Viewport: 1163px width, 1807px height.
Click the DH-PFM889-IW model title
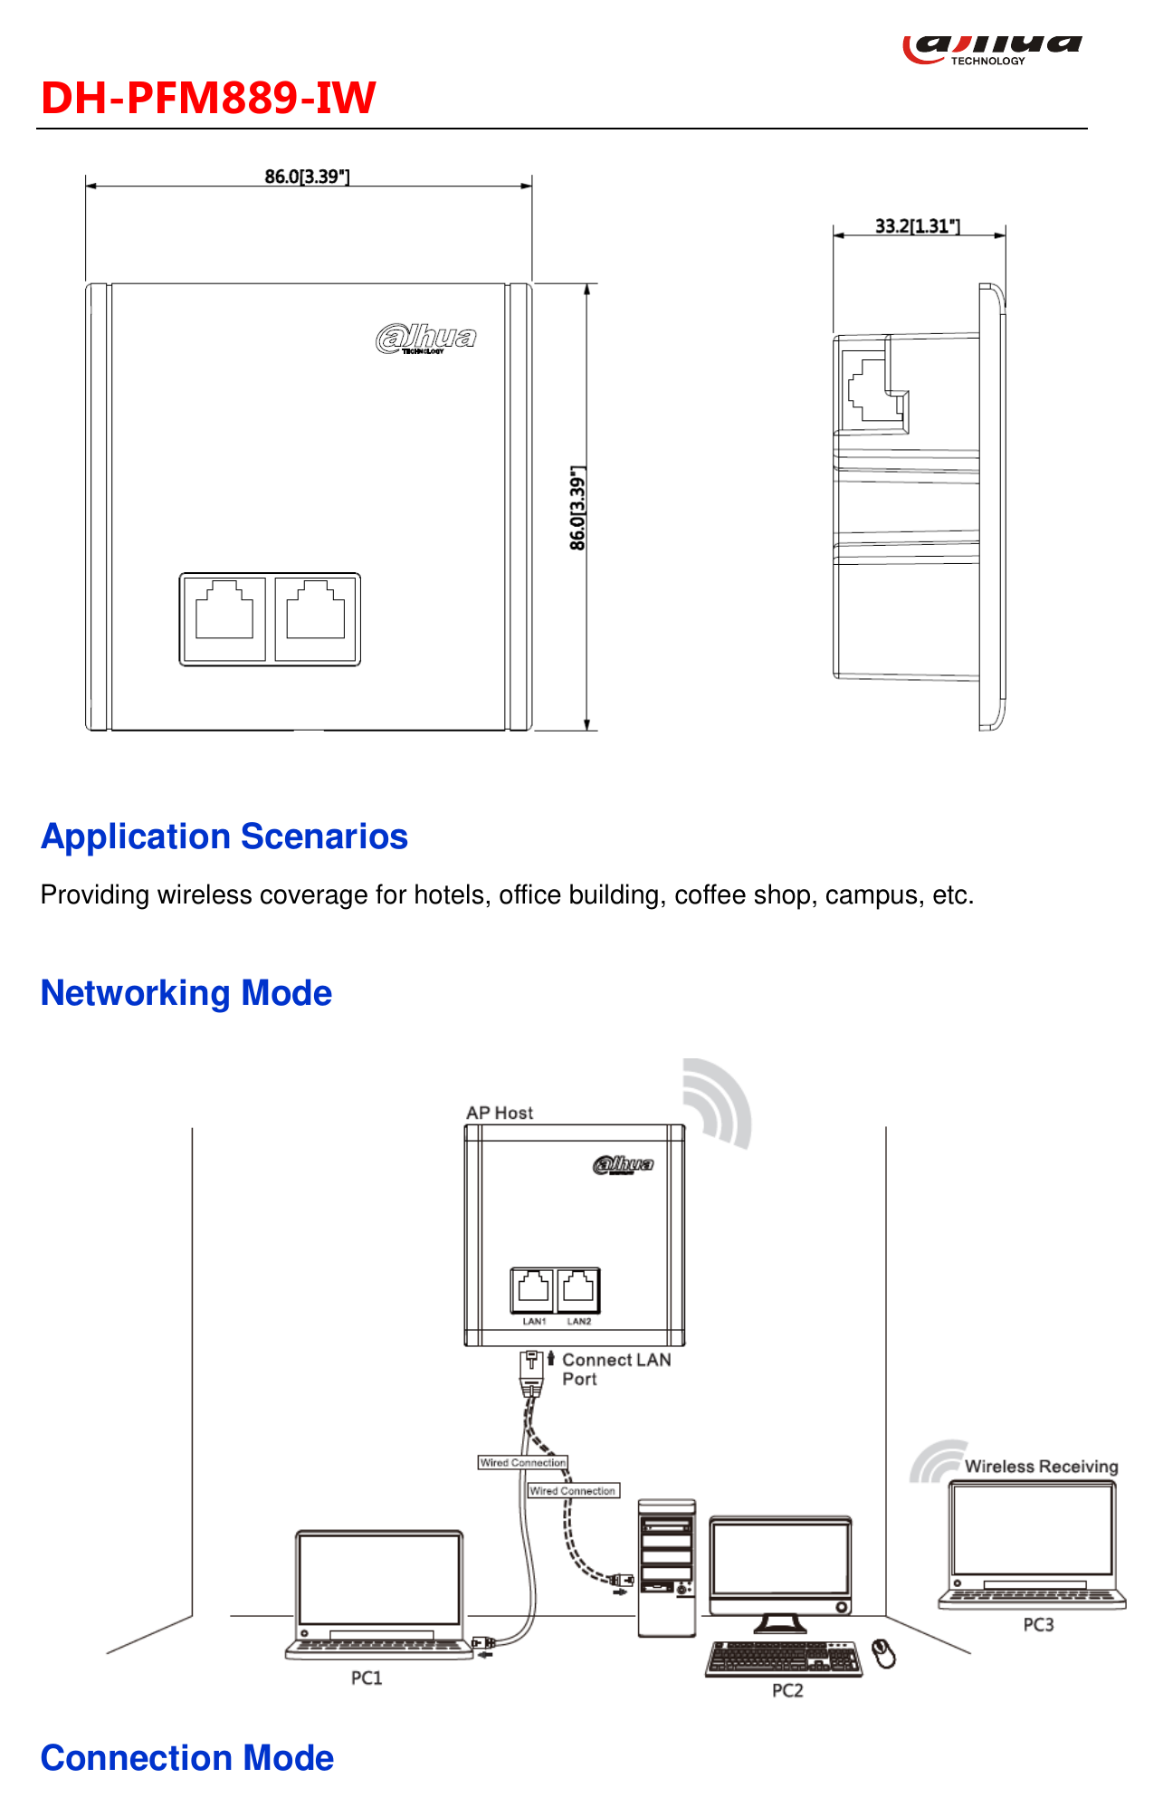(208, 98)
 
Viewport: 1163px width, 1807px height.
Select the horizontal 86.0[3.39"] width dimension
(307, 177)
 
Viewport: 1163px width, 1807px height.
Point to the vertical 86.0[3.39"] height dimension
(577, 508)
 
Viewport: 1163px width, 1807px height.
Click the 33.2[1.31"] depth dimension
(918, 226)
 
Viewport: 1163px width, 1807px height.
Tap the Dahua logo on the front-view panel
(426, 339)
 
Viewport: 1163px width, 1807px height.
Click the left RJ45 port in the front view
(224, 619)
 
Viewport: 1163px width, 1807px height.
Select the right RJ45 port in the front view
(315, 619)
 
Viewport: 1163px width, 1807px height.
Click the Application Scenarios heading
(224, 837)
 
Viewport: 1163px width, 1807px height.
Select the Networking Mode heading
(186, 993)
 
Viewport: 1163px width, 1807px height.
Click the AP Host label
(500, 1113)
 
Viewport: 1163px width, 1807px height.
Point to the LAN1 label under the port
(534, 1322)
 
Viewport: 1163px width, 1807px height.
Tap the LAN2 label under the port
(579, 1322)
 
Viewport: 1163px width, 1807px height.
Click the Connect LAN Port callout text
(616, 1369)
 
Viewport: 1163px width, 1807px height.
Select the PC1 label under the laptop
(367, 1678)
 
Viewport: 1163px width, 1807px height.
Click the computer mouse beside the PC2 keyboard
(884, 1653)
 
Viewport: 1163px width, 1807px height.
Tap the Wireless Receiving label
(1041, 1467)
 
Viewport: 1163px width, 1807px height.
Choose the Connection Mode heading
(187, 1758)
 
